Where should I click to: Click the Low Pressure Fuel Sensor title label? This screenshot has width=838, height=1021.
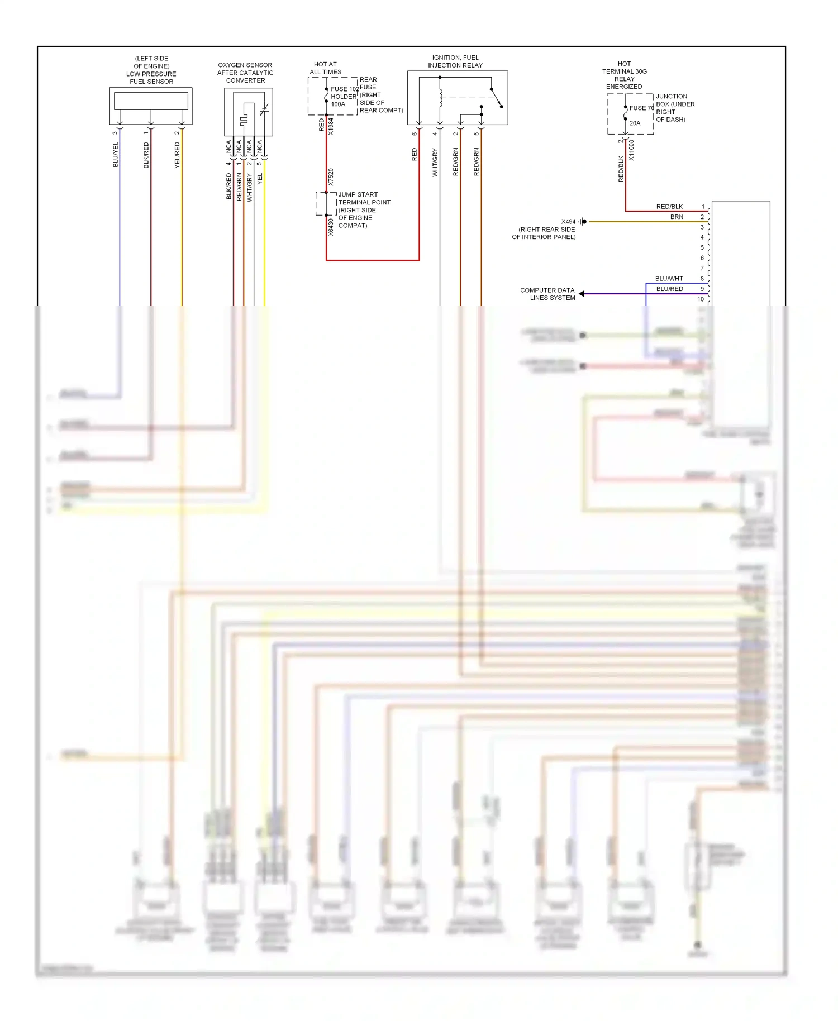tap(151, 70)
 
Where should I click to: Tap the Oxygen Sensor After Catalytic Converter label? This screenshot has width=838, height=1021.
tap(245, 73)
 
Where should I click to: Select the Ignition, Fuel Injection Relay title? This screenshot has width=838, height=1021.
tap(455, 61)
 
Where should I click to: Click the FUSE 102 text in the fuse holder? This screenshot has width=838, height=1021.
tap(344, 89)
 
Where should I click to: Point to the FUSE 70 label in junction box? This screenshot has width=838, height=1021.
tap(641, 108)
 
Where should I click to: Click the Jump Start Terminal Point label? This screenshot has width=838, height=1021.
tap(364, 210)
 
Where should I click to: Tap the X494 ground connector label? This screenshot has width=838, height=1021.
tap(568, 222)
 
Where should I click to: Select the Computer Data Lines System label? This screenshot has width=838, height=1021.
tap(547, 294)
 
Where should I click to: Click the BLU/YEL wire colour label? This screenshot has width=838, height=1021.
tap(116, 155)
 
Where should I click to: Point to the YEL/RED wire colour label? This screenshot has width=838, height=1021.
tap(177, 155)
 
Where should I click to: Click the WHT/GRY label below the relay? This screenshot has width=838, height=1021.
tap(435, 163)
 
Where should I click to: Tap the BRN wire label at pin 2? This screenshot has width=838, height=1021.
tap(677, 217)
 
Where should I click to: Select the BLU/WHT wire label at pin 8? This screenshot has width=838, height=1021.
tap(669, 278)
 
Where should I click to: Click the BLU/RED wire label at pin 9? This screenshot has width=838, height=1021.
tap(669, 289)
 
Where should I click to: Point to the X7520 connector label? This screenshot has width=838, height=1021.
tap(331, 177)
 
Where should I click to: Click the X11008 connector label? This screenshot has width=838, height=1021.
tap(631, 150)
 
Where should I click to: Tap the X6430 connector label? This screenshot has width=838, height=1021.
tap(331, 227)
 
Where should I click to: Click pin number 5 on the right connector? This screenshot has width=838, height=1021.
tap(702, 247)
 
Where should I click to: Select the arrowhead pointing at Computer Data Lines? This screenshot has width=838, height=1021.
tap(582, 294)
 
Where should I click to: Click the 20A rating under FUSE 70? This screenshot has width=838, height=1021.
tap(635, 123)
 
